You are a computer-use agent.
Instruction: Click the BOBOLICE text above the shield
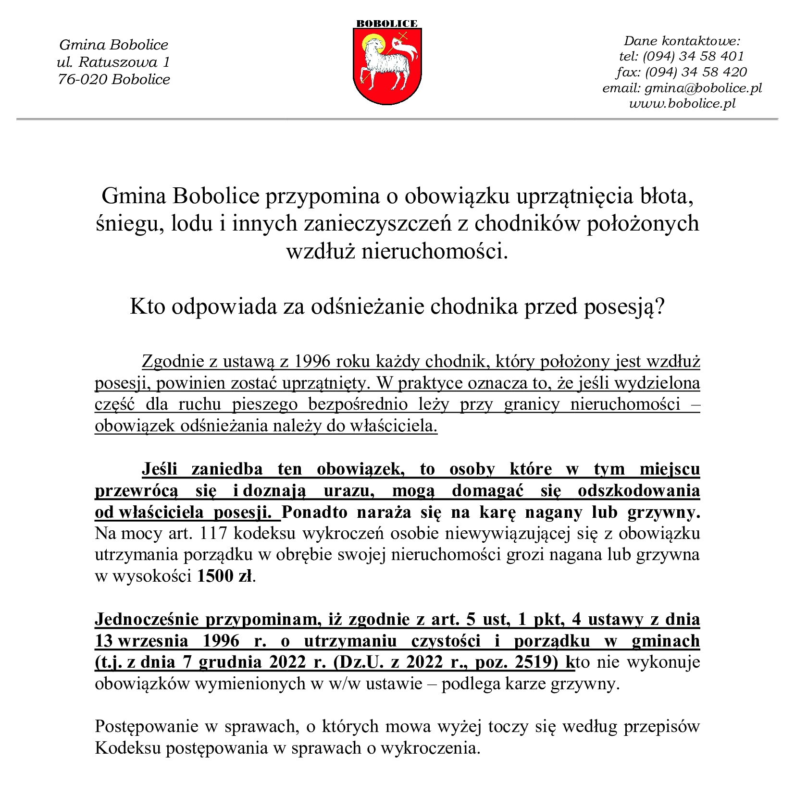pyautogui.click(x=387, y=24)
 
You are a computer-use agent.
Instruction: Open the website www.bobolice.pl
pyautogui.click(x=682, y=103)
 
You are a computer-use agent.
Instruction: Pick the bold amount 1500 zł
pyautogui.click(x=224, y=576)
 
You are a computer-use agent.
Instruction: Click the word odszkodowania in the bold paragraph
pyautogui.click(x=638, y=491)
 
